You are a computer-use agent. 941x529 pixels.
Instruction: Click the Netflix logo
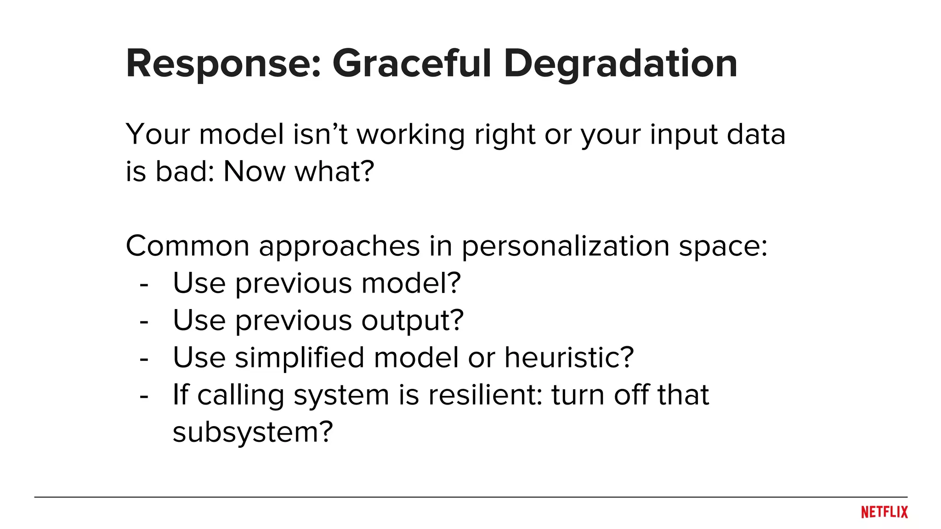click(884, 512)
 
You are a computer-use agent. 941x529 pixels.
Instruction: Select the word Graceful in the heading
click(412, 64)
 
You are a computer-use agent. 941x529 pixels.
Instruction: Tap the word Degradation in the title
click(620, 64)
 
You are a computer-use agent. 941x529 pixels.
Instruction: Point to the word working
click(411, 135)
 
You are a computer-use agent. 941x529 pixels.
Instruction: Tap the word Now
click(254, 172)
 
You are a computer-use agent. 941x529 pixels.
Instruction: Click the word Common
click(187, 246)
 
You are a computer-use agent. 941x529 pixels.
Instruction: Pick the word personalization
click(565, 247)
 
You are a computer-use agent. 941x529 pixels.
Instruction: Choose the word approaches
click(339, 247)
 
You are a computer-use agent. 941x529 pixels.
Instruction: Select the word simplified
click(300, 358)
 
